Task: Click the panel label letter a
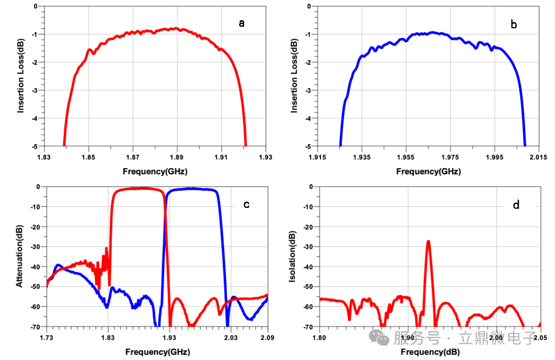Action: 242,23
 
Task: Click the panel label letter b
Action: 514,24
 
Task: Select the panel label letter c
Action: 246,205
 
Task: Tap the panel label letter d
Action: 516,205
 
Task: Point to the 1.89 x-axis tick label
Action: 177,156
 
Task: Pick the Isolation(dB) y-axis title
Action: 293,257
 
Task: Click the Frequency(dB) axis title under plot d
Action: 428,352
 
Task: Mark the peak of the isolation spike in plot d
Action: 428,241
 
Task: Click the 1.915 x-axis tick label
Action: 317,156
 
